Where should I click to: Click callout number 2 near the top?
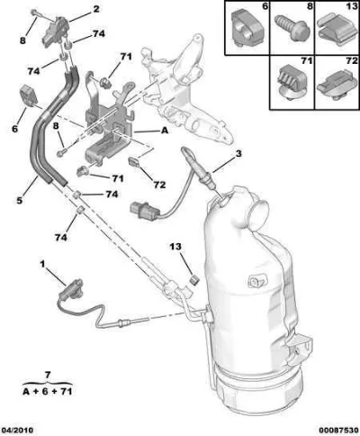(96, 9)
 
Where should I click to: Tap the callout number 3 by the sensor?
(238, 154)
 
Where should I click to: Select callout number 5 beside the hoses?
(20, 200)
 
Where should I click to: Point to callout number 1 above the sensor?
(42, 264)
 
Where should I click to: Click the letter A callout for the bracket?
(165, 131)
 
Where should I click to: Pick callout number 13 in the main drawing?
(175, 247)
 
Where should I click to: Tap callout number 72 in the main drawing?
(159, 185)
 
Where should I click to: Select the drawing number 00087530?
(339, 430)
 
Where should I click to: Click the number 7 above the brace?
(48, 375)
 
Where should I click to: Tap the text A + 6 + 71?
(48, 392)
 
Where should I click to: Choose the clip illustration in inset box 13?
(336, 32)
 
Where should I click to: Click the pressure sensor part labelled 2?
(54, 32)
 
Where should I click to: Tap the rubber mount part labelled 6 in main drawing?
(28, 95)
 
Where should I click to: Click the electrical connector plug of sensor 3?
(145, 211)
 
